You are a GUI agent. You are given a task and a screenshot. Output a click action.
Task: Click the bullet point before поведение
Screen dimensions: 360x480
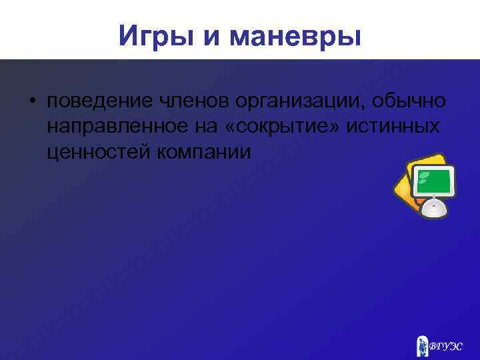(x=31, y=101)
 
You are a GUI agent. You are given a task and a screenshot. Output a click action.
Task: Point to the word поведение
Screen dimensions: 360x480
(x=99, y=101)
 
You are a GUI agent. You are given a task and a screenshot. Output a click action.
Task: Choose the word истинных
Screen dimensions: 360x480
(x=400, y=127)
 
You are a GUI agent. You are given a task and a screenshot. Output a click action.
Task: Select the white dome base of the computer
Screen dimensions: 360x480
(x=434, y=207)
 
